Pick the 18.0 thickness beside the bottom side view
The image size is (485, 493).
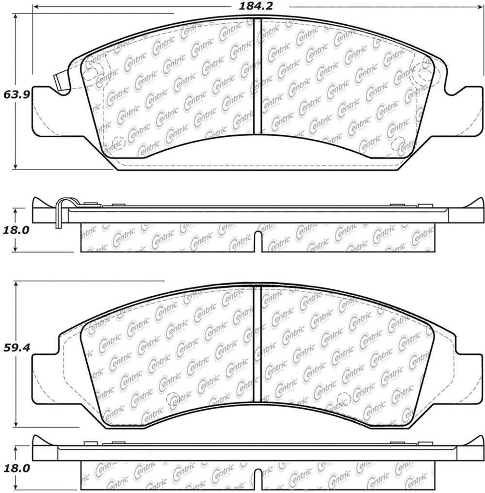click(16, 468)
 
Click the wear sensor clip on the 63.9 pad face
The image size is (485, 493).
click(61, 83)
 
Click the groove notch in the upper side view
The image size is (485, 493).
click(259, 240)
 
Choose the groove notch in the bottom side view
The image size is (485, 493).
click(259, 477)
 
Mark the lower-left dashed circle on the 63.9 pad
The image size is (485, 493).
click(118, 142)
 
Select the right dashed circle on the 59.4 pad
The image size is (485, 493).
click(344, 399)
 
